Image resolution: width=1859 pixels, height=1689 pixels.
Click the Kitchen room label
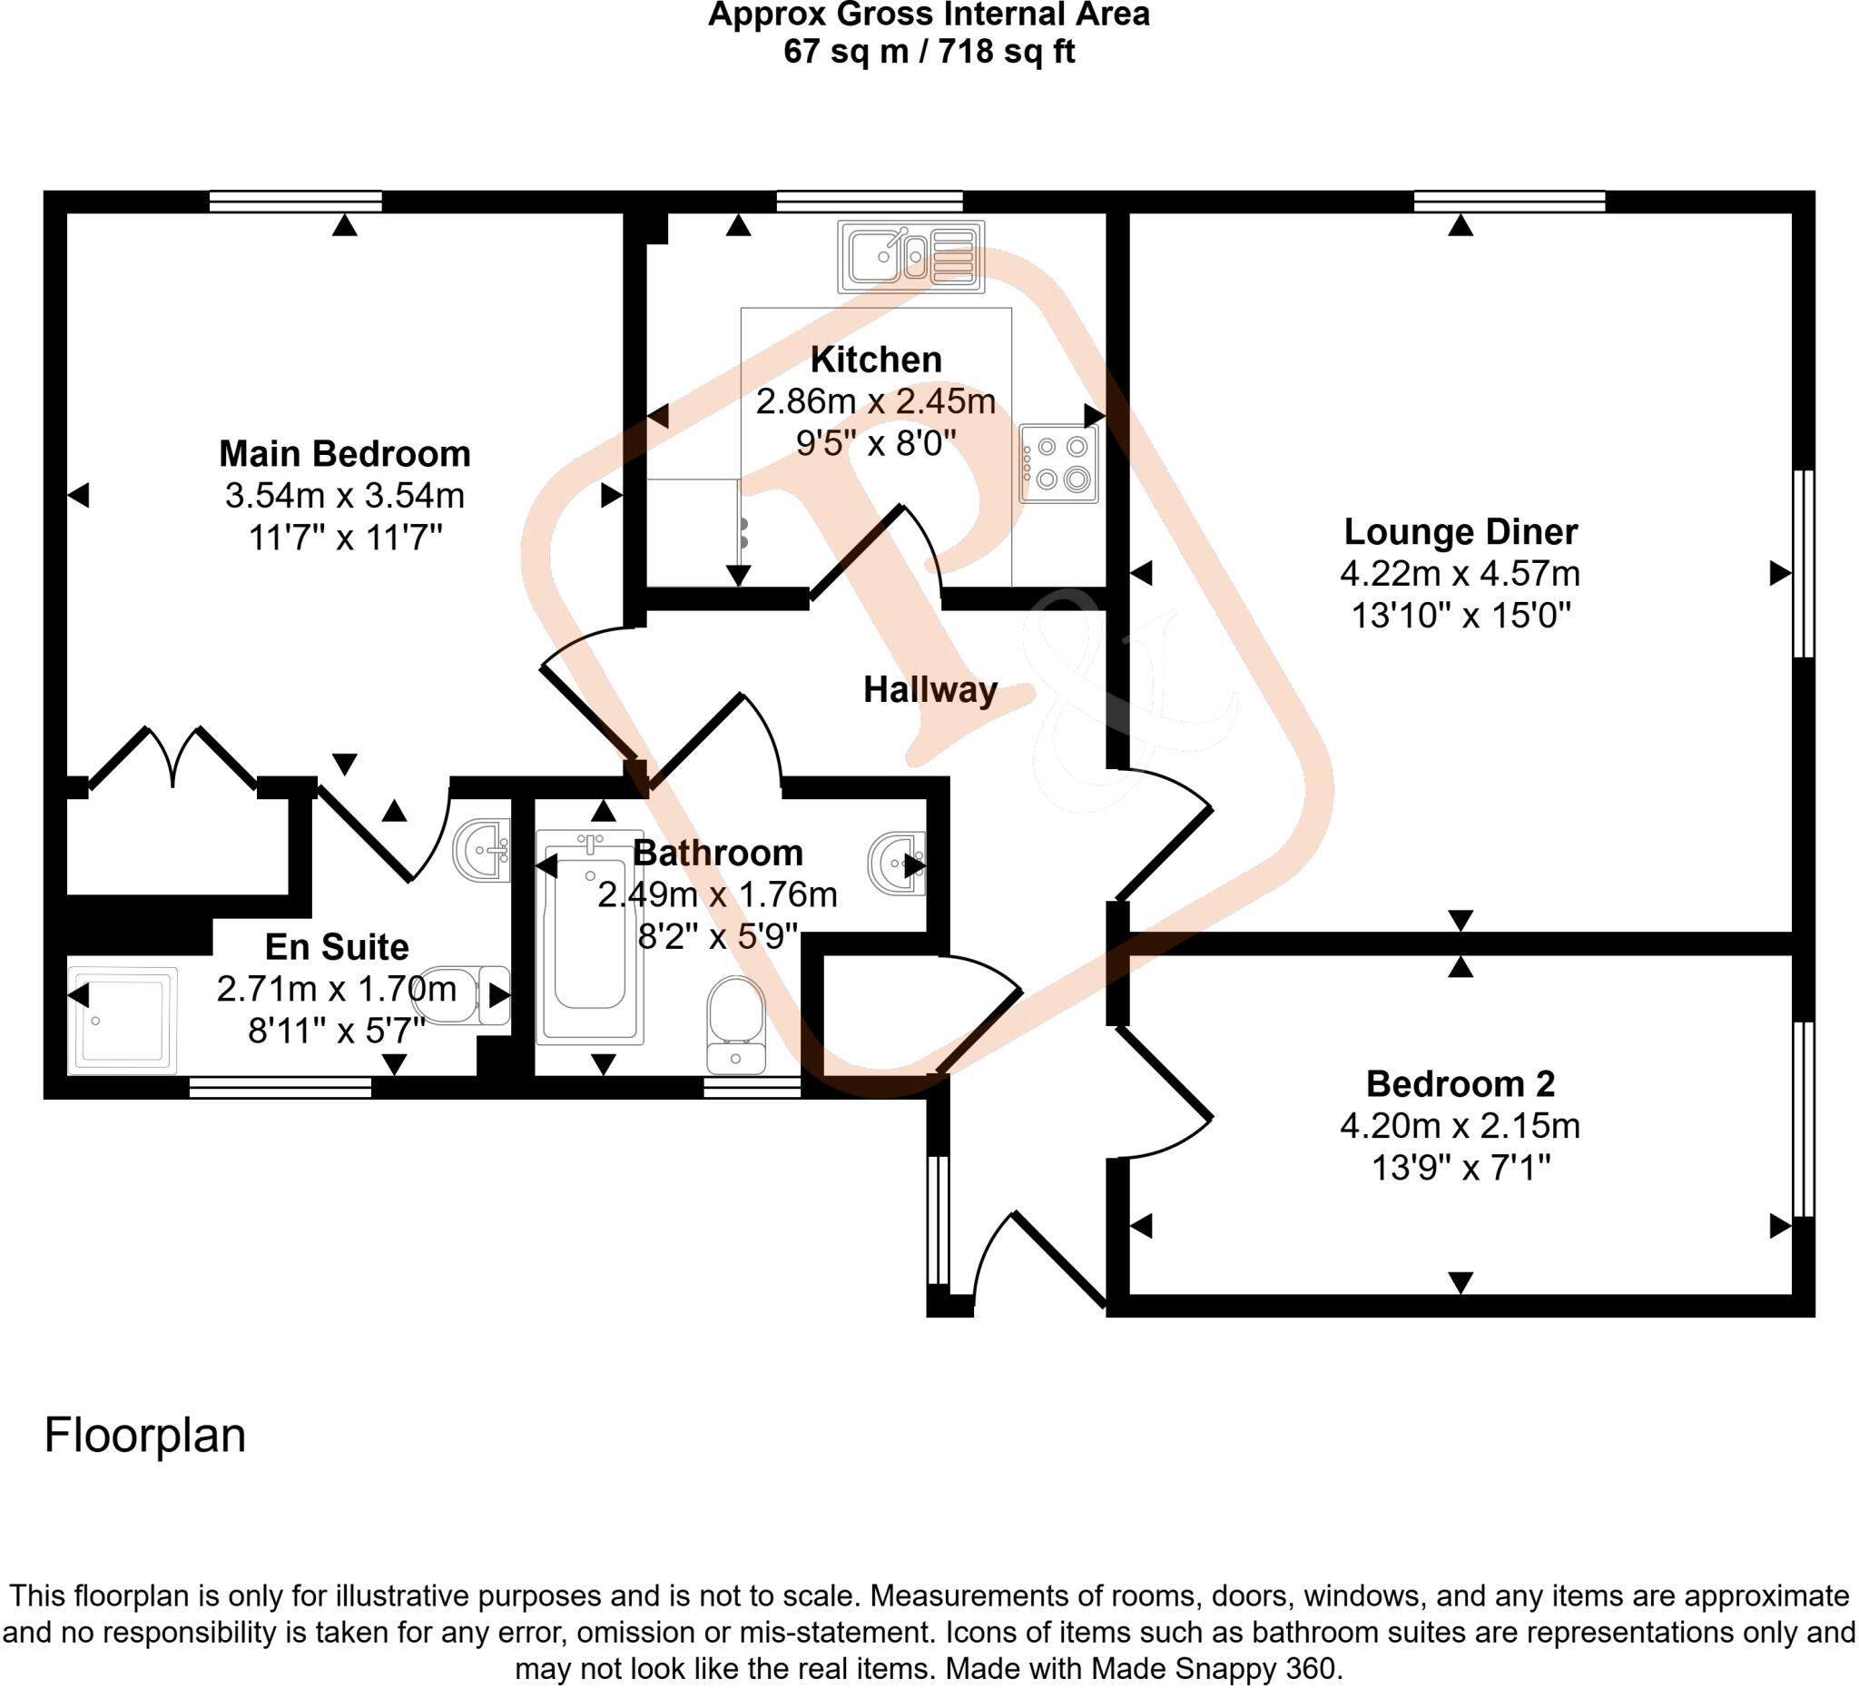876,360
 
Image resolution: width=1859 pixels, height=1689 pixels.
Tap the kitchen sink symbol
910,256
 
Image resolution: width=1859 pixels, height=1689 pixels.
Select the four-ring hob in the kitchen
1058,463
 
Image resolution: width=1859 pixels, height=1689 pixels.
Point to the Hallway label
929,690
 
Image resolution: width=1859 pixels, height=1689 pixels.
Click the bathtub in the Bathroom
590,936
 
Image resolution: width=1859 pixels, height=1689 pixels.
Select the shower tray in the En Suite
122,1021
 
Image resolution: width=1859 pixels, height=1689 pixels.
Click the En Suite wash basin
481,850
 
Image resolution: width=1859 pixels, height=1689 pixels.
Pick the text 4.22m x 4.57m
1460,574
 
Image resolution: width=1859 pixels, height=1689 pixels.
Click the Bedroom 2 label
1460,1084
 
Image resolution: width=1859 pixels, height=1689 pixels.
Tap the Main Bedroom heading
345,454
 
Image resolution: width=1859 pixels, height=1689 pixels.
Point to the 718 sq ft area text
1006,52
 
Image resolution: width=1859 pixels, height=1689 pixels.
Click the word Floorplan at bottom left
144,1436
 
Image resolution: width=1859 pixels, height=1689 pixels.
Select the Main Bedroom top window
295,201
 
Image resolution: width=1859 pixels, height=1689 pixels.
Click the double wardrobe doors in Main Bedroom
173,756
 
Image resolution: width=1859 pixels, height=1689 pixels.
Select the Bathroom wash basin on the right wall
896,864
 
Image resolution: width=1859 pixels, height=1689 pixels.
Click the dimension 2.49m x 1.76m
716,894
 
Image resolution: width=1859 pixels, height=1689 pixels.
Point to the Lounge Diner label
1460,532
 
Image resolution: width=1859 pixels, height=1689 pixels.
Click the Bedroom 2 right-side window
1803,1118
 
